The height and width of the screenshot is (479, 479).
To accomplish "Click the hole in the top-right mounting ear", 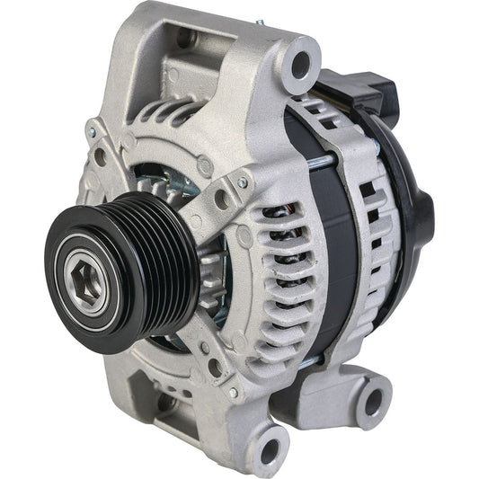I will coord(301,62).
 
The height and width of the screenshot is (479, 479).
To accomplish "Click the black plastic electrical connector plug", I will coord(369,90).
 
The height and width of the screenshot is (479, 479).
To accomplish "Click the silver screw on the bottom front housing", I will coord(233,393).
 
